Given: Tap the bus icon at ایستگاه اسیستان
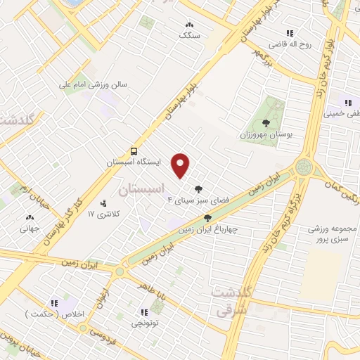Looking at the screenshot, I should pos(134,151).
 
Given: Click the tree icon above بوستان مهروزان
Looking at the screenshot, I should pos(265,123).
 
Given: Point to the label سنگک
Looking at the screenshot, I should pos(189,34).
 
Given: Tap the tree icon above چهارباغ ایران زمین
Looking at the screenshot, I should pos(207,218).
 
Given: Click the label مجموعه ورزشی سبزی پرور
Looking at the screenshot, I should pos(333,236).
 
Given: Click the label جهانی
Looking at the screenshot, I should pos(29,228).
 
